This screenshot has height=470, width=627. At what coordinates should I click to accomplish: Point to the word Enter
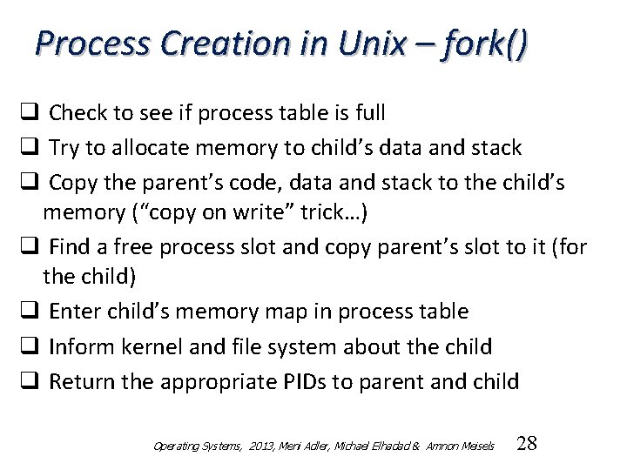coord(73,311)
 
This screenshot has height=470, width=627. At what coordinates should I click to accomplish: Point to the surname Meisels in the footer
coord(475,446)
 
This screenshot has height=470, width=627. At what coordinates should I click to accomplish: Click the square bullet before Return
coord(30,380)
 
